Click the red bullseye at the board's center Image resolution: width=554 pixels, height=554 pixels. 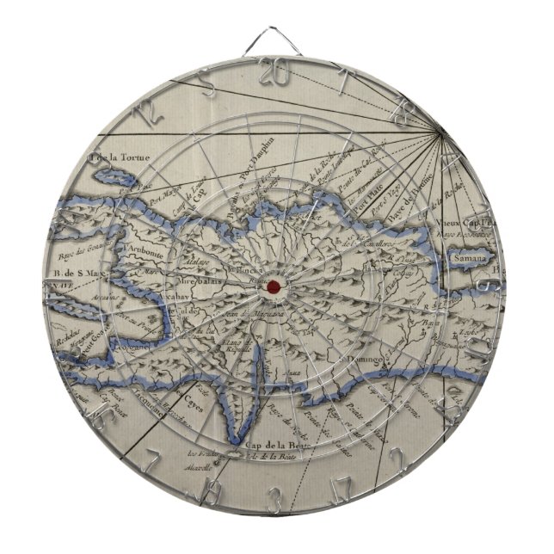(x=273, y=286)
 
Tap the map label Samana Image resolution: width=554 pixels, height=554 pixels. (x=471, y=257)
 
